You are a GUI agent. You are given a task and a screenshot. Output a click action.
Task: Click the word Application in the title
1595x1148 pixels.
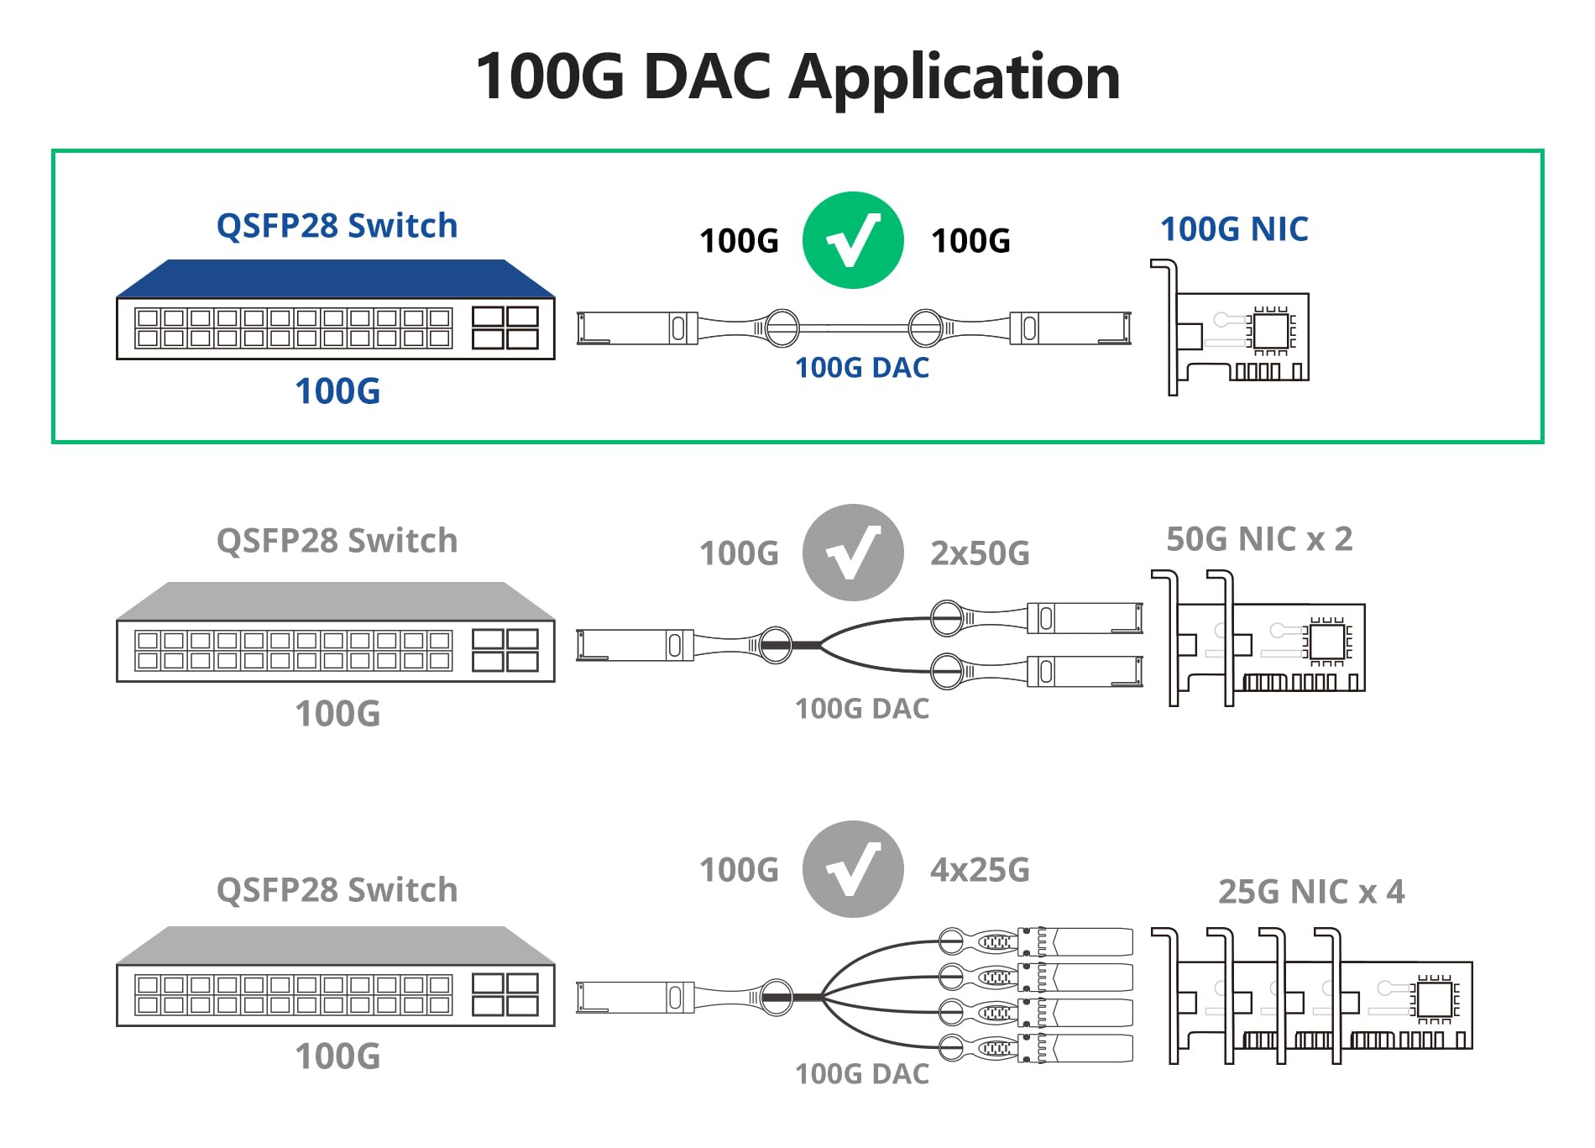pyautogui.click(x=954, y=77)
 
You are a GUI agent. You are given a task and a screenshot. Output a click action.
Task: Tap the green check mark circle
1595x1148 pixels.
pyautogui.click(x=853, y=241)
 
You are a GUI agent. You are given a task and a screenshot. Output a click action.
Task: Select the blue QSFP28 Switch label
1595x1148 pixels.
pyautogui.click(x=337, y=225)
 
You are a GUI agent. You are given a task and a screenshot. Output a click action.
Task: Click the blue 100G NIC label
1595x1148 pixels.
pyautogui.click(x=1234, y=228)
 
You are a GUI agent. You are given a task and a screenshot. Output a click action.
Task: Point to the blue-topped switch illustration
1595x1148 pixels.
pyautogui.click(x=336, y=311)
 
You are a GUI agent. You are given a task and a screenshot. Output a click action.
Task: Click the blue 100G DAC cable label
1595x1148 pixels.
pyautogui.click(x=862, y=368)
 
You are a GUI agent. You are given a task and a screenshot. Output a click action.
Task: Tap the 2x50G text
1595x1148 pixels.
pyautogui.click(x=980, y=553)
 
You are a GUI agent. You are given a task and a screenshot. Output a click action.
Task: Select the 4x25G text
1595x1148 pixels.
pyautogui.click(x=980, y=870)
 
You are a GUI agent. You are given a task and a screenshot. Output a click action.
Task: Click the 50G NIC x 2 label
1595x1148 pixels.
pyautogui.click(x=1259, y=539)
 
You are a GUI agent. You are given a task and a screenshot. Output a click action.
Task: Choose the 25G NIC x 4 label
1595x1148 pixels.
pyautogui.click(x=1311, y=892)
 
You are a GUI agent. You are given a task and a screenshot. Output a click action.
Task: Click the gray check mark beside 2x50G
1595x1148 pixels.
pyautogui.click(x=853, y=553)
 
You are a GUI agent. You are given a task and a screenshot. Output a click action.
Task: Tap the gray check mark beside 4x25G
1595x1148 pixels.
pyautogui.click(x=853, y=869)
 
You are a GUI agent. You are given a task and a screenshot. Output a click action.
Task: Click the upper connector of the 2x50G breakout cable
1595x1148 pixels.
pyautogui.click(x=1083, y=618)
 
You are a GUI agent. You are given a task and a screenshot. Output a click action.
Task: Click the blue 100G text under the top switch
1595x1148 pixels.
pyautogui.click(x=337, y=391)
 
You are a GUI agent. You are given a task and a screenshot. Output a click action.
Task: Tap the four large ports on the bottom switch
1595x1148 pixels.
pyautogui.click(x=505, y=994)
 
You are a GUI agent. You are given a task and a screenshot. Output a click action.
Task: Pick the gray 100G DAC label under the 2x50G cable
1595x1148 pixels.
pyautogui.click(x=862, y=709)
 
